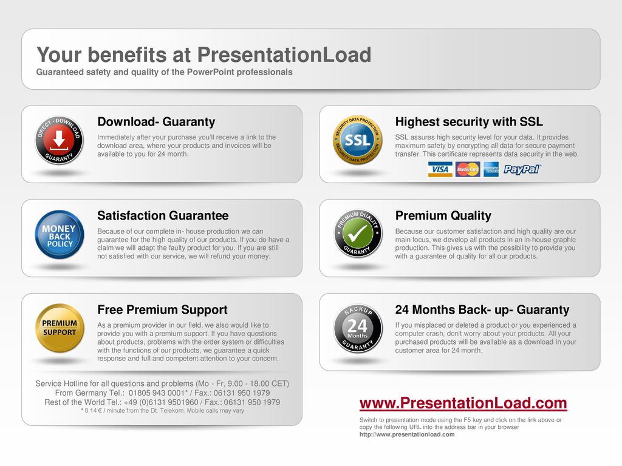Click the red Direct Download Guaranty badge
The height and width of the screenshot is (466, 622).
(59, 140)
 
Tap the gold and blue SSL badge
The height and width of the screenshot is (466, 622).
(357, 140)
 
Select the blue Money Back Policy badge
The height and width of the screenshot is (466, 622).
(60, 234)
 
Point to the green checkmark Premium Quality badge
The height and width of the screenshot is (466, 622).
(357, 234)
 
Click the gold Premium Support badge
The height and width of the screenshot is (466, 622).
(60, 328)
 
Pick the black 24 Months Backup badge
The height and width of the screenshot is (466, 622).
(357, 328)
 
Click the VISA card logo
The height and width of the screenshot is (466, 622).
(440, 169)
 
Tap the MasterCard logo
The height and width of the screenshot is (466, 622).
(468, 169)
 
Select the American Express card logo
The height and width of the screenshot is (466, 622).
(491, 169)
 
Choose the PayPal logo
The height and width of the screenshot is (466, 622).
(522, 170)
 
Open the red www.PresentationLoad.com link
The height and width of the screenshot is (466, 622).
(463, 403)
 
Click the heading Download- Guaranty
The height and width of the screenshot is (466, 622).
(156, 121)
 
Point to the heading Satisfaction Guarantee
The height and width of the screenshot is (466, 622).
(163, 215)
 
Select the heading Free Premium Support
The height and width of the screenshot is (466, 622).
(162, 309)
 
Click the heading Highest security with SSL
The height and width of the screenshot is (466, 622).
(469, 121)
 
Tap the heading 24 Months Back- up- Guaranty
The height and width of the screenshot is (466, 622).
(482, 309)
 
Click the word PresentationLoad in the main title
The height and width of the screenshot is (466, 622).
(284, 55)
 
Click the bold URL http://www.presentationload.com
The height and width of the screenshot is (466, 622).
(407, 434)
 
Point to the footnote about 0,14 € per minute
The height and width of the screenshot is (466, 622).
(162, 411)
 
